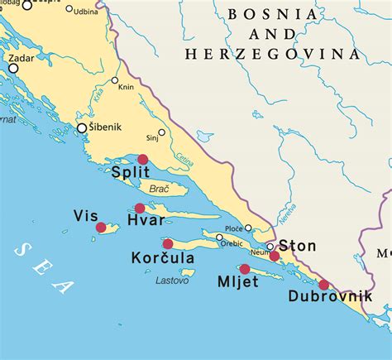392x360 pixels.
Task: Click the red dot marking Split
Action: [143, 159]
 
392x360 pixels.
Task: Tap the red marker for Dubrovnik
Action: [323, 285]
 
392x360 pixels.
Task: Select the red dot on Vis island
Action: [101, 228]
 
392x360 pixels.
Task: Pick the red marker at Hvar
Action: [140, 209]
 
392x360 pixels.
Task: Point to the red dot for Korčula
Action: [168, 243]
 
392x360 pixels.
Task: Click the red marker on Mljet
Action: [245, 269]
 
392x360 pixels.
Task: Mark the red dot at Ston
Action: [275, 257]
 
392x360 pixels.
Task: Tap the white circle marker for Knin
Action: [115, 80]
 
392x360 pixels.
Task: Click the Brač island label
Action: [159, 189]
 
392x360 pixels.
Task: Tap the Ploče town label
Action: [233, 228]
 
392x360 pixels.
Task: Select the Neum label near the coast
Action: [261, 252]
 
